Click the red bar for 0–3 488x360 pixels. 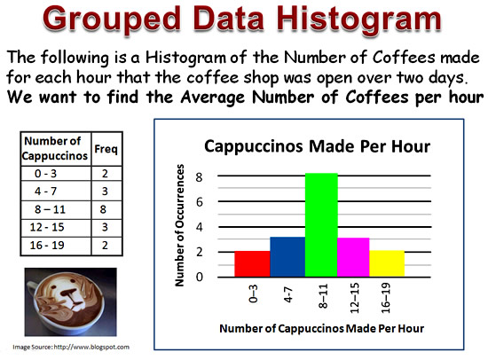click(252, 264)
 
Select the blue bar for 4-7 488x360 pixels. click(287, 256)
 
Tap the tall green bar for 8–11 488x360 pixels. click(321, 225)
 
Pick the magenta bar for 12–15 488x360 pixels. click(353, 257)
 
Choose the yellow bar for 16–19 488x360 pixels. click(387, 263)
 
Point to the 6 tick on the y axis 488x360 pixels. click(199, 202)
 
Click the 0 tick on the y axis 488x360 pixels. click(199, 277)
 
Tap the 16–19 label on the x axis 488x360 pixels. click(386, 298)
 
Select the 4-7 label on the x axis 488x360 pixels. click(288, 294)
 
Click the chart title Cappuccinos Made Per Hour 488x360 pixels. click(317, 146)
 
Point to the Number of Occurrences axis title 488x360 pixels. click(179, 225)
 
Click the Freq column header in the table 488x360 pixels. click(106, 149)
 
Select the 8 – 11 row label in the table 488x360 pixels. click(50, 209)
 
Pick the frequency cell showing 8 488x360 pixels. click(103, 209)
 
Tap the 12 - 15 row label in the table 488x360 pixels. click(47, 227)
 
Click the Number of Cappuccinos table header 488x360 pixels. click(54, 148)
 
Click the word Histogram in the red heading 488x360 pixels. click(359, 20)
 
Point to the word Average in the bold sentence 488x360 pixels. click(213, 97)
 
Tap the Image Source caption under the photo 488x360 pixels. click(71, 347)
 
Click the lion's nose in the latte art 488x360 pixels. click(67, 293)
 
